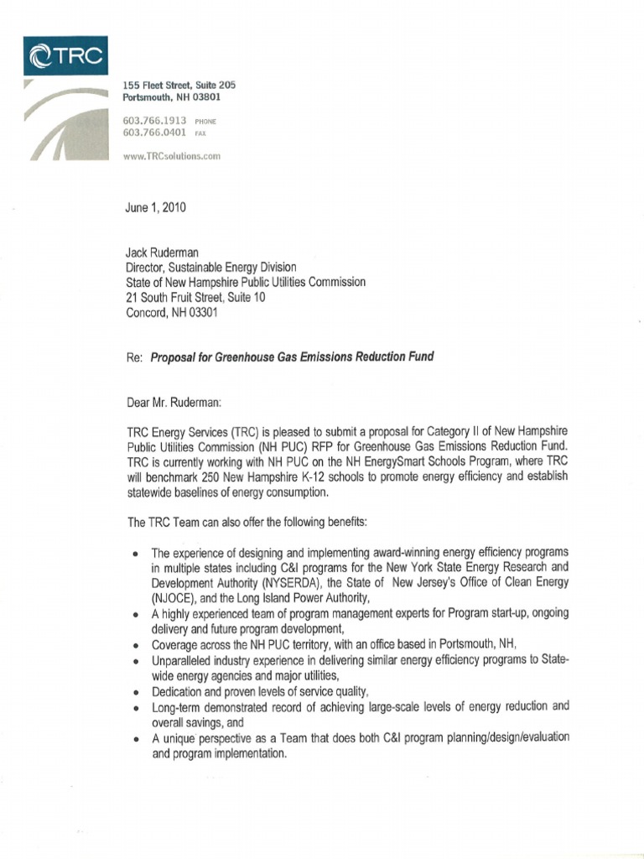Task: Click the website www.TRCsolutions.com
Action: [171, 156]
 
